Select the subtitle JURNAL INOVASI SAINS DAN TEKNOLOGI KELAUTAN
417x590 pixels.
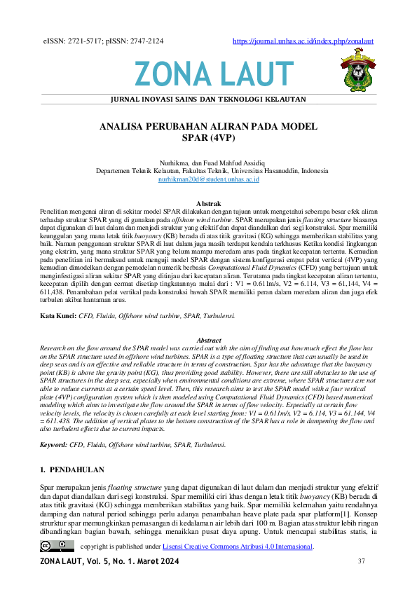click(208, 100)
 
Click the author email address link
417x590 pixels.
click(209, 180)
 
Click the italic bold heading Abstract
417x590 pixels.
click(209, 340)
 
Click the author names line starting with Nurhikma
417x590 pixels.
click(209, 161)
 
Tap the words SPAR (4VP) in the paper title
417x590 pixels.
click(209, 138)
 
